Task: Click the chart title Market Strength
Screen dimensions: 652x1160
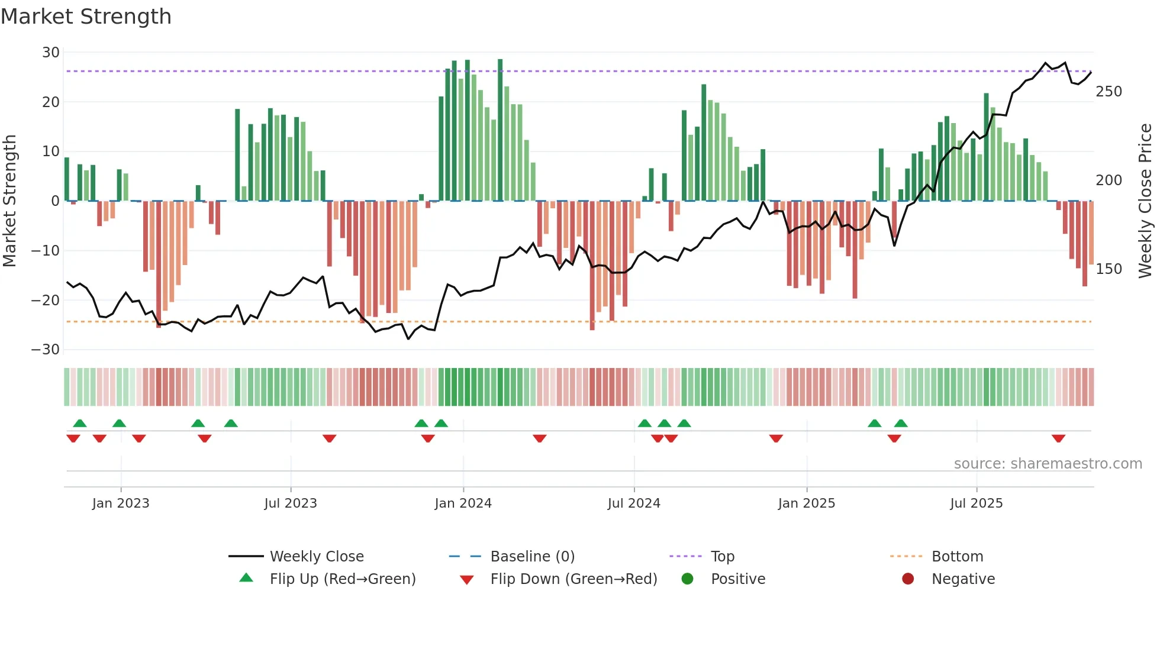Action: pyautogui.click(x=86, y=17)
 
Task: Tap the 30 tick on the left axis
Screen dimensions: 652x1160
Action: pyautogui.click(x=50, y=53)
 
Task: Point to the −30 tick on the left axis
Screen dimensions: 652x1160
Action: pyautogui.click(x=46, y=350)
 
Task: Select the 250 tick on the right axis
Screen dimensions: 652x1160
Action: pyautogui.click(x=1109, y=92)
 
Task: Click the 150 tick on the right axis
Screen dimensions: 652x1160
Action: pyautogui.click(x=1109, y=269)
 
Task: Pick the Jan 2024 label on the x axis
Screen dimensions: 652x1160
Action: pyautogui.click(x=463, y=503)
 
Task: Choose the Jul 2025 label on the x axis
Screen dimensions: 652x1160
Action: pyautogui.click(x=976, y=503)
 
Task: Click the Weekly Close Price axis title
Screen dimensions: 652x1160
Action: pyautogui.click(x=1145, y=201)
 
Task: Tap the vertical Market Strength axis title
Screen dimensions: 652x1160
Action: pyautogui.click(x=9, y=201)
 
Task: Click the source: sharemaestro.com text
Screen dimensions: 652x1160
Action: pyautogui.click(x=1048, y=464)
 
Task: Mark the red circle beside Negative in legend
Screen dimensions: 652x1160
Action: pyautogui.click(x=908, y=579)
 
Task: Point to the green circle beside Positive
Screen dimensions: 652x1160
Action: pyautogui.click(x=687, y=579)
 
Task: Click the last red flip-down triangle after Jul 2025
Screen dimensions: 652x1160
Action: pyautogui.click(x=1058, y=438)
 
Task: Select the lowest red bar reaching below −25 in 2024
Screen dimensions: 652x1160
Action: pyautogui.click(x=592, y=266)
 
